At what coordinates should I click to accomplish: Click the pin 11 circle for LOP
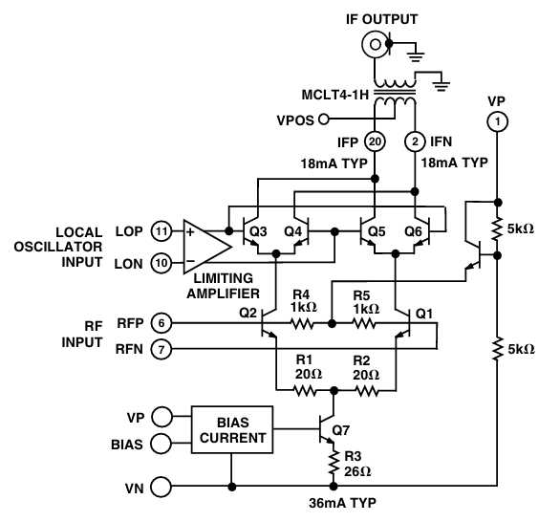(x=162, y=231)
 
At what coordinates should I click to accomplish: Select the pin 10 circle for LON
(x=162, y=263)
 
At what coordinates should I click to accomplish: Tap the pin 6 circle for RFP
(x=162, y=323)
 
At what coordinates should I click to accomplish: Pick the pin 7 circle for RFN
(x=162, y=349)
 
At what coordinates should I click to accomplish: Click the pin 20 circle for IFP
(x=375, y=141)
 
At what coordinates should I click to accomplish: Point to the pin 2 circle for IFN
(x=415, y=141)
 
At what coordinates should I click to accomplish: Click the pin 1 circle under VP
(x=498, y=121)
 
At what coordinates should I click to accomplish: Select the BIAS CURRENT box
(x=232, y=430)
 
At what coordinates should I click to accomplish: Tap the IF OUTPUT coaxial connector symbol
(x=375, y=45)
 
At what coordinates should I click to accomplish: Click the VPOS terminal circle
(x=324, y=119)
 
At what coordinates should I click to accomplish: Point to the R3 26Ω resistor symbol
(x=334, y=463)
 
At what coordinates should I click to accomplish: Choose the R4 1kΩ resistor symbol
(x=303, y=324)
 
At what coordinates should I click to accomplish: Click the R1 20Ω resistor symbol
(x=304, y=390)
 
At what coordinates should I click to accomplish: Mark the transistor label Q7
(x=341, y=430)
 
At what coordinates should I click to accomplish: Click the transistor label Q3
(x=258, y=231)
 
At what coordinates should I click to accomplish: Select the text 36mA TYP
(x=342, y=503)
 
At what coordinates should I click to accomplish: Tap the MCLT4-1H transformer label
(x=334, y=95)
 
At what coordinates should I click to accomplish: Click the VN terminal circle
(x=162, y=487)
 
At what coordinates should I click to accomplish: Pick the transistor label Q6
(x=413, y=231)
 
